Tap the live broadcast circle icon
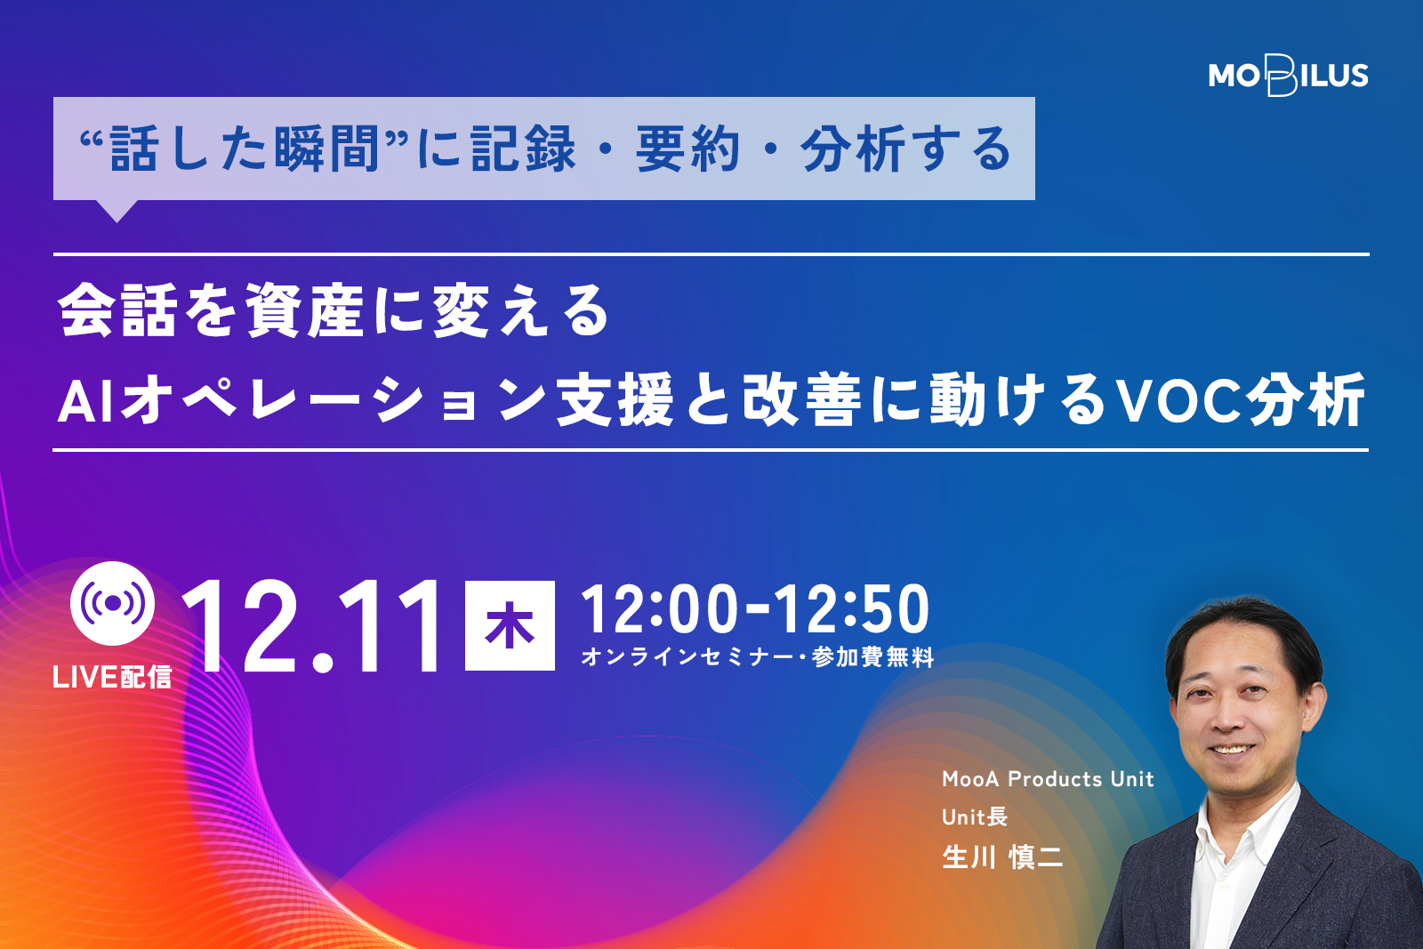112,603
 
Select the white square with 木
510,625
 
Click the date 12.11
312,625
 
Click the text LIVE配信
112,677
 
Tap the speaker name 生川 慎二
1002,857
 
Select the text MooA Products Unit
1048,779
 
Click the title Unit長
975,816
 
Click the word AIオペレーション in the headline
301,399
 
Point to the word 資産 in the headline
305,311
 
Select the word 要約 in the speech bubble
688,149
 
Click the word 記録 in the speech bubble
524,149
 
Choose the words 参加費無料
872,657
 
